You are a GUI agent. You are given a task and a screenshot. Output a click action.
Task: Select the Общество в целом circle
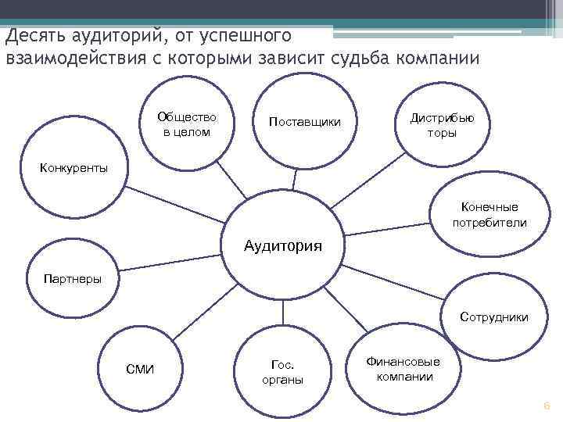point(186,125)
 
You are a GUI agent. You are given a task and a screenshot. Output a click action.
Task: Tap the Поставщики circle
point(304,123)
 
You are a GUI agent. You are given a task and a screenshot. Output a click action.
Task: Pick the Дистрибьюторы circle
point(442,123)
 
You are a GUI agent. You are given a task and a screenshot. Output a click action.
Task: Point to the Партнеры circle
point(74,278)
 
